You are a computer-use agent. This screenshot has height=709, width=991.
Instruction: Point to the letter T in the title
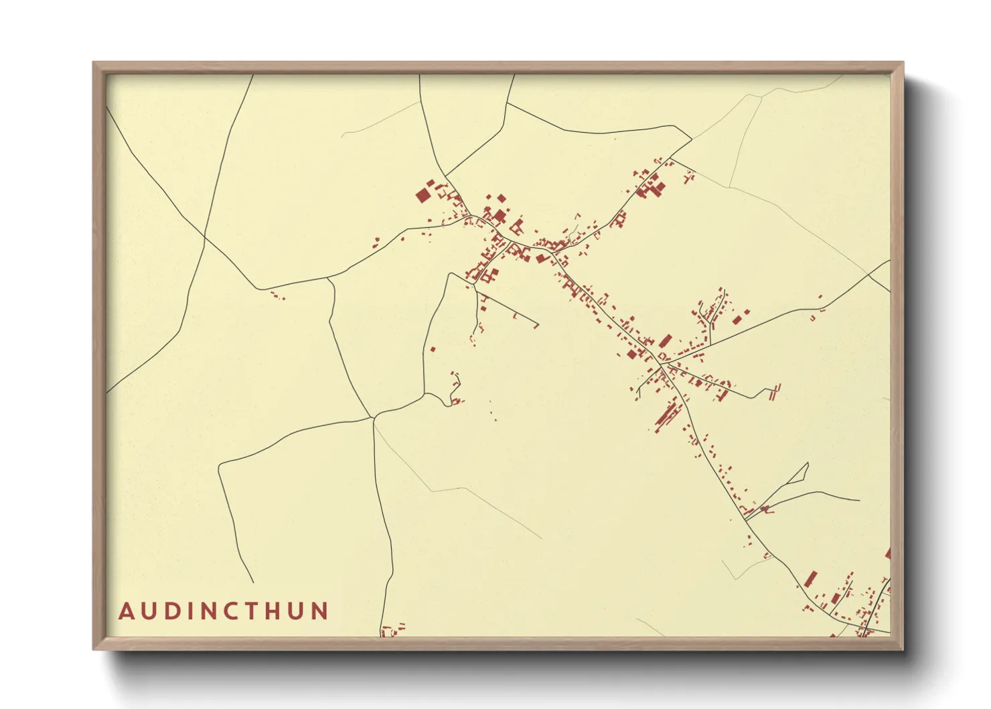[x=257, y=611]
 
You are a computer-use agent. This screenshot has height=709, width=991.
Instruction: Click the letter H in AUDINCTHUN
[x=279, y=611]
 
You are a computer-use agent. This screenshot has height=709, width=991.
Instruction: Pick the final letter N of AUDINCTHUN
[x=320, y=611]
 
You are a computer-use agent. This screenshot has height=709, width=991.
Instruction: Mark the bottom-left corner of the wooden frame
[x=94, y=649]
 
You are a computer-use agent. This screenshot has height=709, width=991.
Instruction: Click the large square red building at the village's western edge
[x=423, y=195]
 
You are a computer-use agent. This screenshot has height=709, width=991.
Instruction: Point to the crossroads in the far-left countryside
[x=205, y=236]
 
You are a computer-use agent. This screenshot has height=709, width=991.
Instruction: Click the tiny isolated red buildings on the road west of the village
[x=276, y=294]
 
